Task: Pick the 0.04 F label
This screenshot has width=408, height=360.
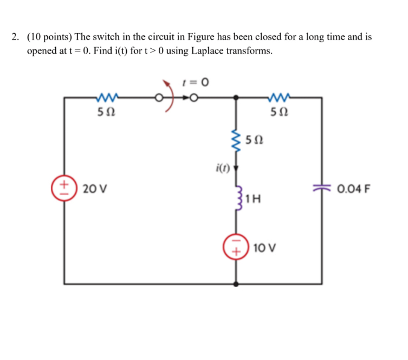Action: point(353,189)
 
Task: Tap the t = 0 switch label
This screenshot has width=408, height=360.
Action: point(197,82)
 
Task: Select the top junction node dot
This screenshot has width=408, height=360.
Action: point(235,98)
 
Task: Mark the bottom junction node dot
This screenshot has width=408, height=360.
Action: point(235,283)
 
